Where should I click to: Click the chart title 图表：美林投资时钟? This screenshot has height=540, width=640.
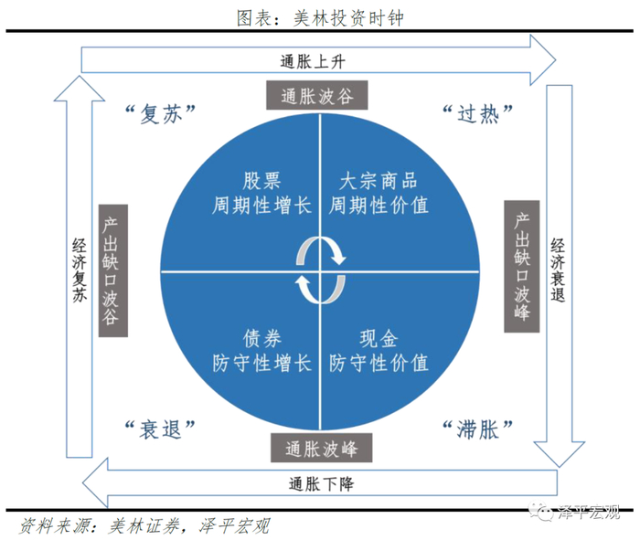click(319, 16)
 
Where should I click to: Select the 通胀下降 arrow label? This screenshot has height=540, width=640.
click(321, 483)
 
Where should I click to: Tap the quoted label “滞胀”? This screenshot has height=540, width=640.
click(476, 427)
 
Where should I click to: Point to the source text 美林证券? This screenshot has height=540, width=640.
click(142, 525)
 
